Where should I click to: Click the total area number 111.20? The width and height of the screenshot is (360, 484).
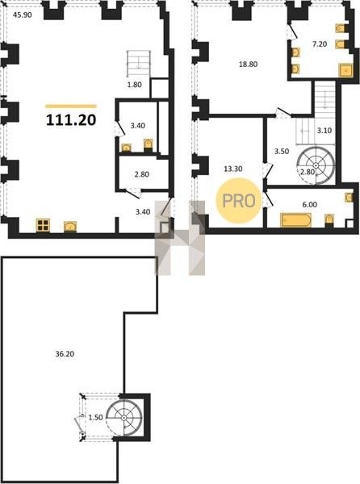click(71, 119)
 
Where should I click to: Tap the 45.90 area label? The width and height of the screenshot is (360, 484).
click(23, 15)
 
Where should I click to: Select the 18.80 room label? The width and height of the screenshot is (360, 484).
click(249, 65)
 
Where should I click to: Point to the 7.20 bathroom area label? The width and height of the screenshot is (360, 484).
click(320, 44)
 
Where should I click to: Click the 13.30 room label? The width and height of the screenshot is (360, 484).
click(233, 169)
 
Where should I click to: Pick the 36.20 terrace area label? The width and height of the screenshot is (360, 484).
click(65, 354)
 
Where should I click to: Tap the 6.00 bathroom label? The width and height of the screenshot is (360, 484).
click(310, 204)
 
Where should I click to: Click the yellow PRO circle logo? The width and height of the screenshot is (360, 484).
click(239, 201)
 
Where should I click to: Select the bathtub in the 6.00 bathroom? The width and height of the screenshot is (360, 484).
click(295, 220)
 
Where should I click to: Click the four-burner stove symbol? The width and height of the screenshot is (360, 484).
click(43, 225)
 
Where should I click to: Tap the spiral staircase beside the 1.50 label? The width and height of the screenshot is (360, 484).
click(123, 418)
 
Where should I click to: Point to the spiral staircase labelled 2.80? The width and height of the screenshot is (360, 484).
click(316, 165)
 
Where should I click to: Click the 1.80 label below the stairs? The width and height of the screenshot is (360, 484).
click(135, 85)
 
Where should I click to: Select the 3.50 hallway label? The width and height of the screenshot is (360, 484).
click(282, 152)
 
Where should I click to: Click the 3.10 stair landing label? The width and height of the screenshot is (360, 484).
click(324, 131)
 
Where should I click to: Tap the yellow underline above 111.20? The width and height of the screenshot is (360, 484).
click(71, 106)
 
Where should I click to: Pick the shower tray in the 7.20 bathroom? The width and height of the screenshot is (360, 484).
click(345, 70)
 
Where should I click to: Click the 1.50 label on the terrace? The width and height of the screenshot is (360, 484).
click(95, 418)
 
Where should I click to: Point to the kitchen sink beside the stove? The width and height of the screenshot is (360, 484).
click(71, 227)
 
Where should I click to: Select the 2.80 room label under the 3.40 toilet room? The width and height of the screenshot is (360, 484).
click(142, 174)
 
